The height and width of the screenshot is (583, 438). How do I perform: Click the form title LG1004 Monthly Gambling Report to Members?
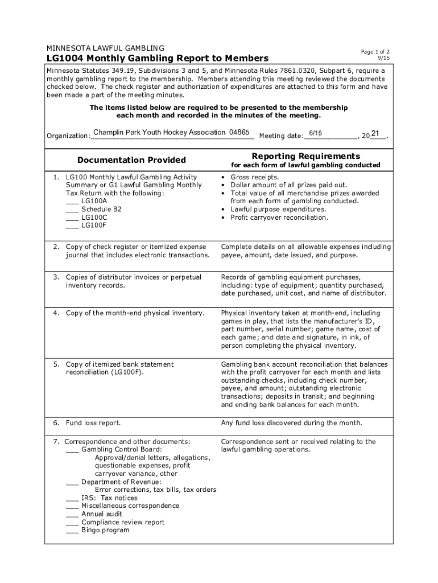tap(157, 59)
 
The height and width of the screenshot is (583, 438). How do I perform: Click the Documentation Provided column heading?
tap(131, 160)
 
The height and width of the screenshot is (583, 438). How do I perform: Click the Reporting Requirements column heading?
tap(305, 156)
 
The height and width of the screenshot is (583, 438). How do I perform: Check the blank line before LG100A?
tap(72, 201)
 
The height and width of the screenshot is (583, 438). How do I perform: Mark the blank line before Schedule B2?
tap(72, 209)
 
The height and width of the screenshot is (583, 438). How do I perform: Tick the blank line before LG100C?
tap(72, 217)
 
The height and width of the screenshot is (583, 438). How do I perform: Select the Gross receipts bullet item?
tap(254, 177)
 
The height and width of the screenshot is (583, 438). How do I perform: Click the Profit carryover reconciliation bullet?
tap(279, 217)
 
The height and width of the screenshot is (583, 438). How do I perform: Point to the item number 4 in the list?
tap(56, 313)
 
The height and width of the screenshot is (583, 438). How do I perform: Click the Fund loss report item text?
tap(93, 423)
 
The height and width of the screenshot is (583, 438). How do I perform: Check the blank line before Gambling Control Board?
tap(72, 449)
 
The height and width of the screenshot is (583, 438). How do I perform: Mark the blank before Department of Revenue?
tap(72, 482)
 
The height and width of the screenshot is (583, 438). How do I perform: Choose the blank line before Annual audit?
tap(72, 514)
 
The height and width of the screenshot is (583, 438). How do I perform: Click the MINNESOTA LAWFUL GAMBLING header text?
tap(105, 47)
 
